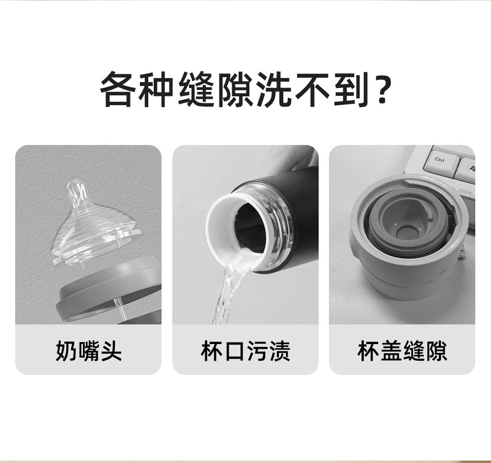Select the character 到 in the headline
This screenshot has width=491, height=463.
(x=351, y=89)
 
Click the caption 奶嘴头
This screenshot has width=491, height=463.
(x=88, y=350)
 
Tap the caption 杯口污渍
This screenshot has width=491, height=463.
(x=245, y=350)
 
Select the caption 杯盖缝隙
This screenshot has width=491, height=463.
(x=402, y=350)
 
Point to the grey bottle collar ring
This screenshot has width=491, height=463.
(x=109, y=291)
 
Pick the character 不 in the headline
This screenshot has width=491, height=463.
(x=312, y=89)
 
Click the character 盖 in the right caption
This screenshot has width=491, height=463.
(x=391, y=350)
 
